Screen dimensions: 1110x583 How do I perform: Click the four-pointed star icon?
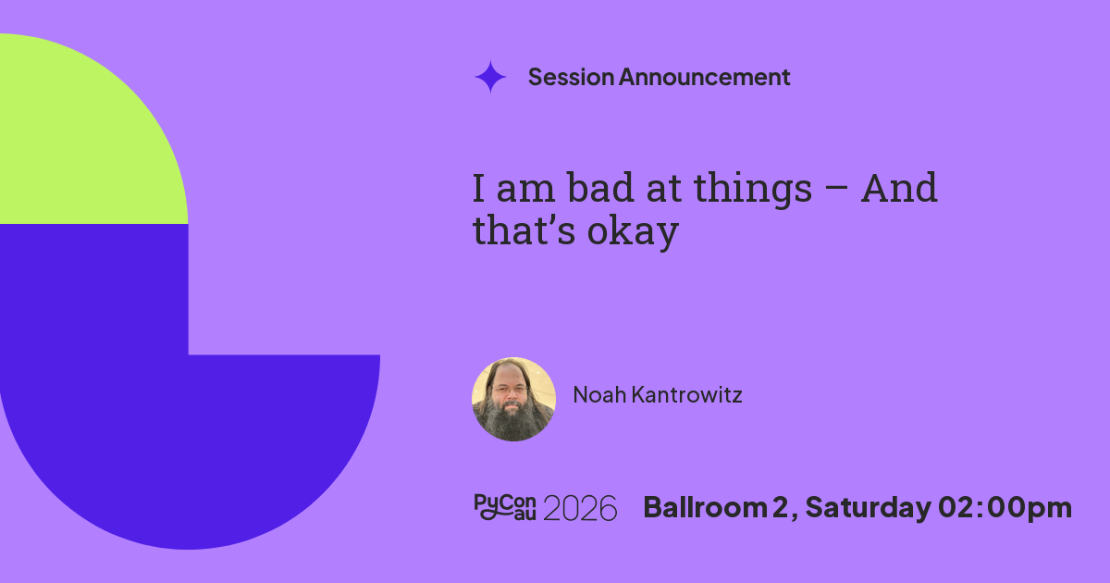tap(490, 77)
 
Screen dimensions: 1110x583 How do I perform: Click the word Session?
tap(571, 77)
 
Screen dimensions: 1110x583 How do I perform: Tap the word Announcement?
tap(704, 77)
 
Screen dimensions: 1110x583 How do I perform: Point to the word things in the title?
tap(753, 191)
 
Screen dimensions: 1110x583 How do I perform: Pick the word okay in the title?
tap(633, 233)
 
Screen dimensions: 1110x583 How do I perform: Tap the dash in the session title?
tap(837, 190)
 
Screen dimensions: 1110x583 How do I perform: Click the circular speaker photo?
tap(513, 399)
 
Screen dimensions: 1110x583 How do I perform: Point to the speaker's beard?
tap(512, 420)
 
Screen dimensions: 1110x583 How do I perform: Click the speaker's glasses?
tap(510, 391)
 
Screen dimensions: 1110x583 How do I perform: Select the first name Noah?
tap(599, 394)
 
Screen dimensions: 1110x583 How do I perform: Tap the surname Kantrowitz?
tap(686, 394)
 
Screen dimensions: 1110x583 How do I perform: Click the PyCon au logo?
tap(505, 507)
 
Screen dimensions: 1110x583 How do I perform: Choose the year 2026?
tap(580, 509)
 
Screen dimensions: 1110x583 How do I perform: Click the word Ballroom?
tap(705, 508)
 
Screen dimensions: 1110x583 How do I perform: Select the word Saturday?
tap(869, 509)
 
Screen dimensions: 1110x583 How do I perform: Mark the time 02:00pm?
tap(1005, 509)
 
